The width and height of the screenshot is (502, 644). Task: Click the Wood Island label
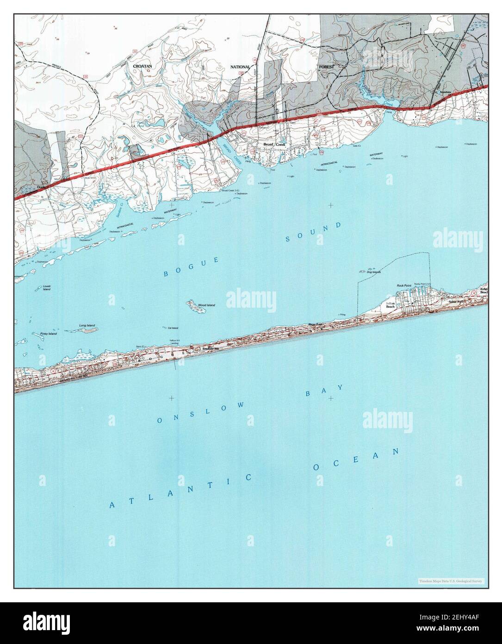coord(207,305)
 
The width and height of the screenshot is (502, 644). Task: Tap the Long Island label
coord(87,326)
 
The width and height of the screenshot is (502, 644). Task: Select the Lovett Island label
coord(46,288)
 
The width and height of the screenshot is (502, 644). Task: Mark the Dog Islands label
coord(373,272)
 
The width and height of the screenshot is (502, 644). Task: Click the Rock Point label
coord(404,285)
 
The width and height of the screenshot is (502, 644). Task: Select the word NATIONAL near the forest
coord(241,67)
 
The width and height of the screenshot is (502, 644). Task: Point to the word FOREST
coord(326,66)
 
